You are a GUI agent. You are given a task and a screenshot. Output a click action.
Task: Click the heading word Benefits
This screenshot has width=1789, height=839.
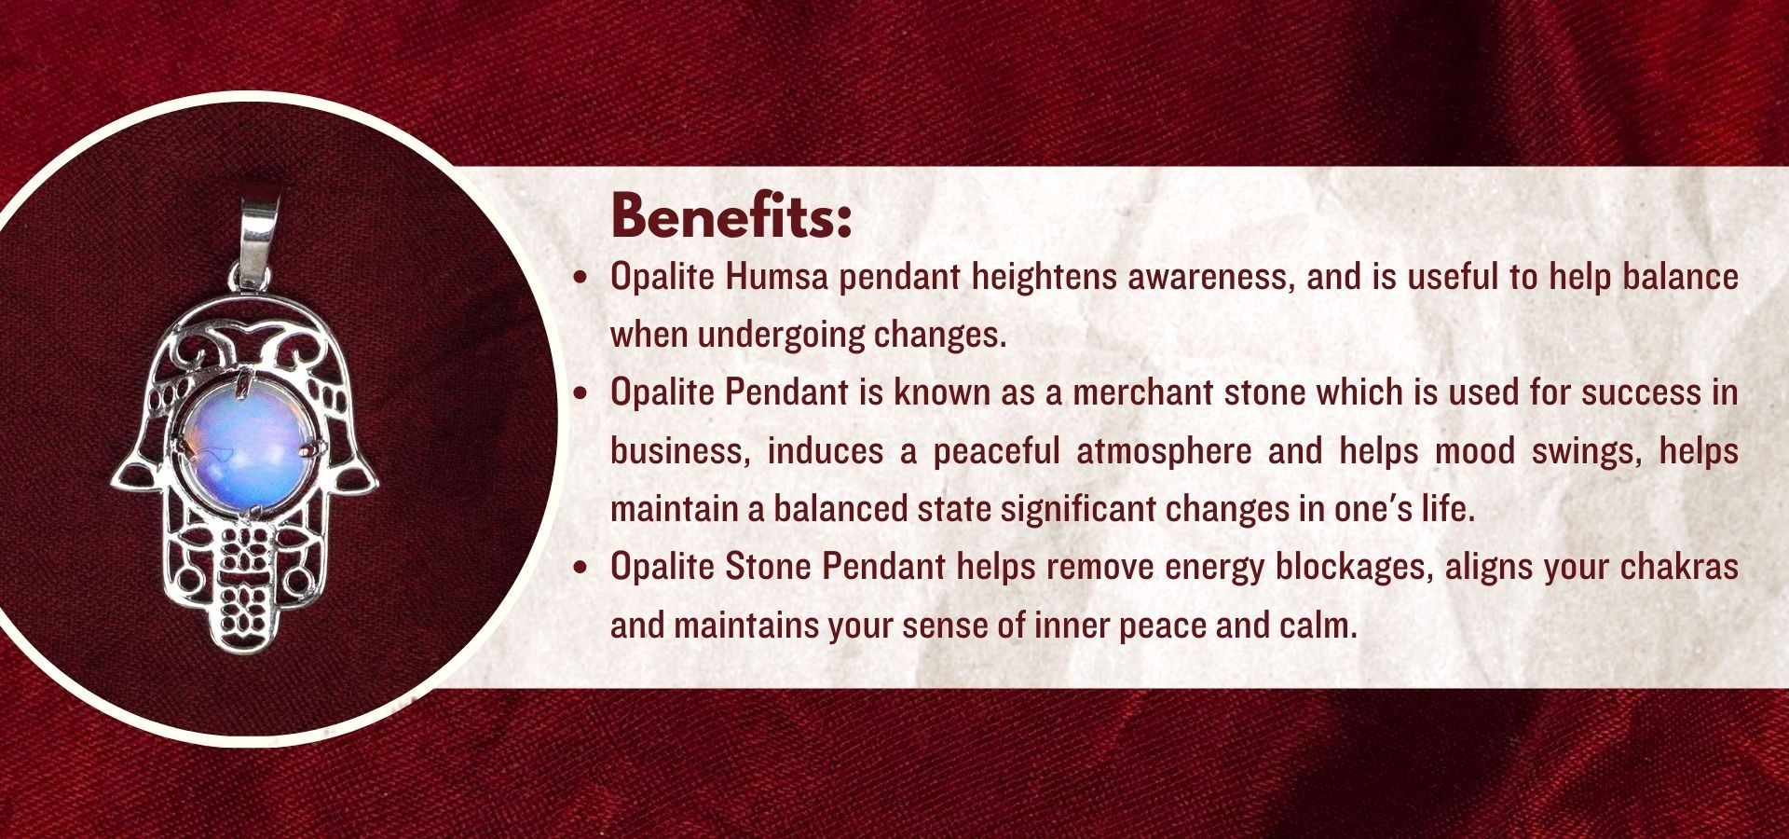(x=731, y=216)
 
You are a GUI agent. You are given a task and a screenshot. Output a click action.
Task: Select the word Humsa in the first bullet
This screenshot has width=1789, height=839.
(x=776, y=277)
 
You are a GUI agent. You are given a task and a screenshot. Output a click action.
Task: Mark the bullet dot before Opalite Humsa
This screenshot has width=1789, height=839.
(x=581, y=278)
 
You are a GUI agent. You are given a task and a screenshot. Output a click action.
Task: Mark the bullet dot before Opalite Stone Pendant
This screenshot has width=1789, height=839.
(x=581, y=568)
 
